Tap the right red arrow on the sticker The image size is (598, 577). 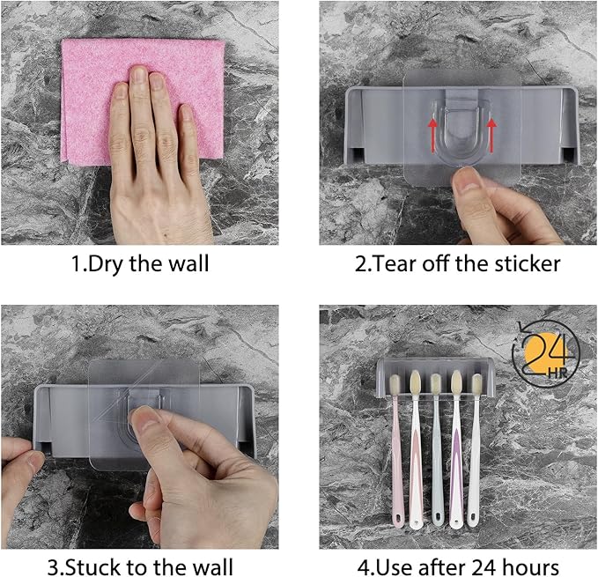[492, 134]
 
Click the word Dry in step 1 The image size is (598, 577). [107, 264]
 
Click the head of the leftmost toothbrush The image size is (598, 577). [395, 385]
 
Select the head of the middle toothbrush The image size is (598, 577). [435, 384]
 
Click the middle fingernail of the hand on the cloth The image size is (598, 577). [139, 74]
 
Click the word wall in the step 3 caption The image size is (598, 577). [212, 567]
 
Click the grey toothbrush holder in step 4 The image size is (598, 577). [436, 375]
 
